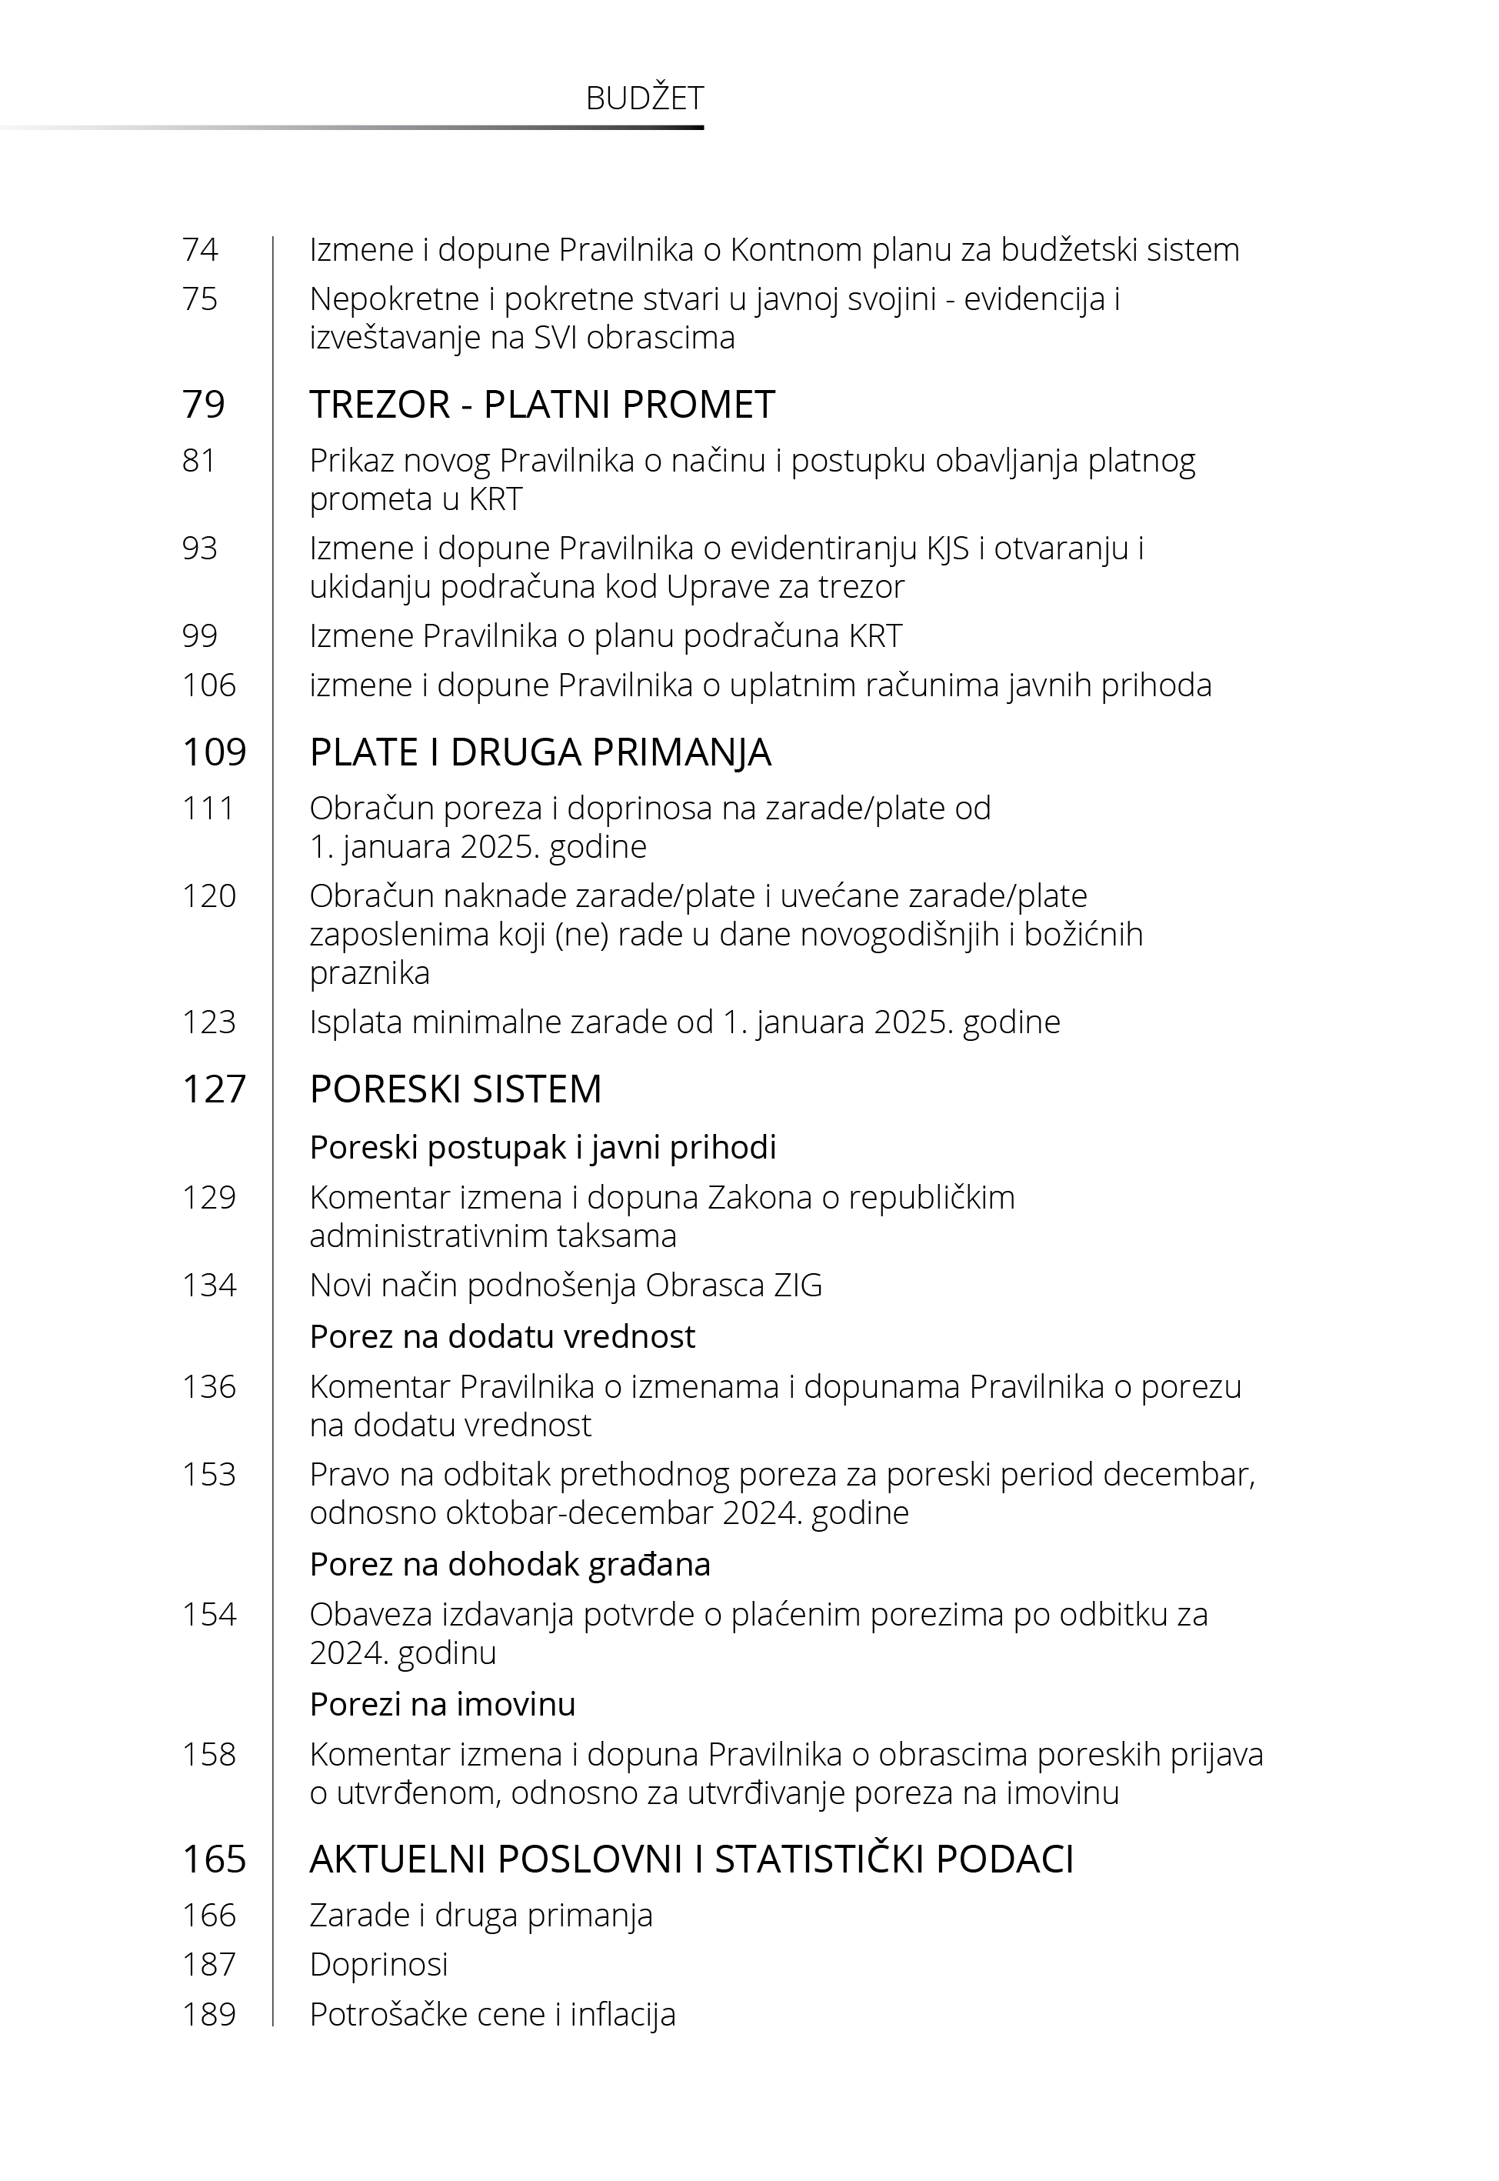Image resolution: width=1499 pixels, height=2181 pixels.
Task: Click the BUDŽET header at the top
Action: pos(645,98)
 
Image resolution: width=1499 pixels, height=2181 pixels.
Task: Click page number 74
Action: pos(200,250)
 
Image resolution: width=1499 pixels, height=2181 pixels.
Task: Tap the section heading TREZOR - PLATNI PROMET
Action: pos(542,405)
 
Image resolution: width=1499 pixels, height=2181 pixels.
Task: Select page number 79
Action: pos(204,405)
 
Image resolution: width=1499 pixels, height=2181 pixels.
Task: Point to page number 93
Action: pos(200,549)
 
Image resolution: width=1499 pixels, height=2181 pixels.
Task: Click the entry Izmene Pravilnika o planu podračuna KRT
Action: pos(606,636)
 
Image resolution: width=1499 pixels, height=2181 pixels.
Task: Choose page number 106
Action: pos(209,685)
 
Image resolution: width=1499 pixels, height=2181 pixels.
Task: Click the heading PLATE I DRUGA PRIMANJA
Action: pos(540,752)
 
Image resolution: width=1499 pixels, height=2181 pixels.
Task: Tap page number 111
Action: pos(208,808)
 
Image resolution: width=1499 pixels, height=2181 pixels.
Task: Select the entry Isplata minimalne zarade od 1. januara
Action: pos(685,1022)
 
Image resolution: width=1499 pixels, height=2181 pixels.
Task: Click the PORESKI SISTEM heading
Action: pos(455,1089)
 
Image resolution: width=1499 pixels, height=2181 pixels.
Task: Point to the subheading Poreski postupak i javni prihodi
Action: pos(543,1147)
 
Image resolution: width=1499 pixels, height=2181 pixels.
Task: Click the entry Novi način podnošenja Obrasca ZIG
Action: pos(565,1285)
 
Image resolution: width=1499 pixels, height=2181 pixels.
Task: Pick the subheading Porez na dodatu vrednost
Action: pos(502,1336)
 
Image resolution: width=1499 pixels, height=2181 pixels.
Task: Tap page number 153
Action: pos(209,1475)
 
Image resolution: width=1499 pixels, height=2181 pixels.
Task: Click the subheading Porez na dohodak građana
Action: pos(510,1564)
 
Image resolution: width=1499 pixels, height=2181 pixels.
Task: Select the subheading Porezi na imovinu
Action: pos(442,1704)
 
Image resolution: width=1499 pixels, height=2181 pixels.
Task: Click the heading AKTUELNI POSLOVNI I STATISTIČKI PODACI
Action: pos(691,1859)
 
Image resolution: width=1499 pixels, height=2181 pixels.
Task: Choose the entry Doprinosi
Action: pos(378,1964)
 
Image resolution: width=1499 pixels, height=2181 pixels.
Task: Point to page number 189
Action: pos(209,2014)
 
